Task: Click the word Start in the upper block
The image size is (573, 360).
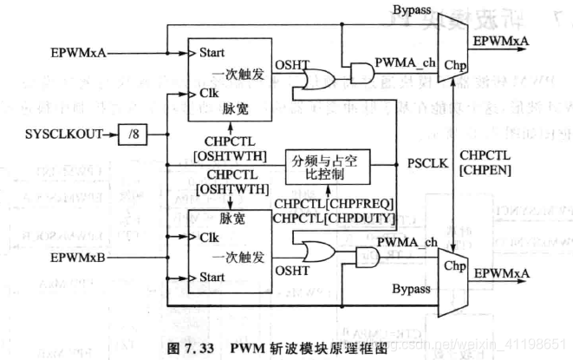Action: coord(212,53)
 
